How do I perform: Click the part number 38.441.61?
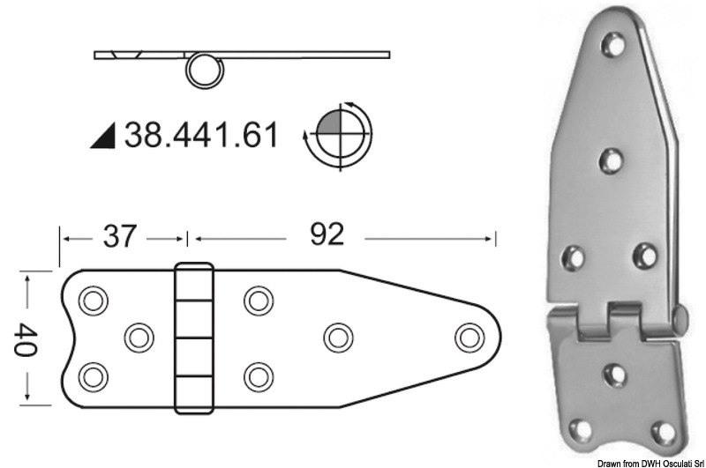coord(201,135)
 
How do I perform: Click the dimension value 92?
coord(326,234)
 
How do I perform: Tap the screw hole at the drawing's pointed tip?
coord(467,337)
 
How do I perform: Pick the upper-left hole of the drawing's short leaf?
coord(91,300)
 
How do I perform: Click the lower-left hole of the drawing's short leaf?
coord(91,375)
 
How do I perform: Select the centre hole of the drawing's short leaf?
coord(138,337)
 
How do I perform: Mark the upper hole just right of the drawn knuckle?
coord(257,300)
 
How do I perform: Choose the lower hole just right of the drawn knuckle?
coord(257,375)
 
